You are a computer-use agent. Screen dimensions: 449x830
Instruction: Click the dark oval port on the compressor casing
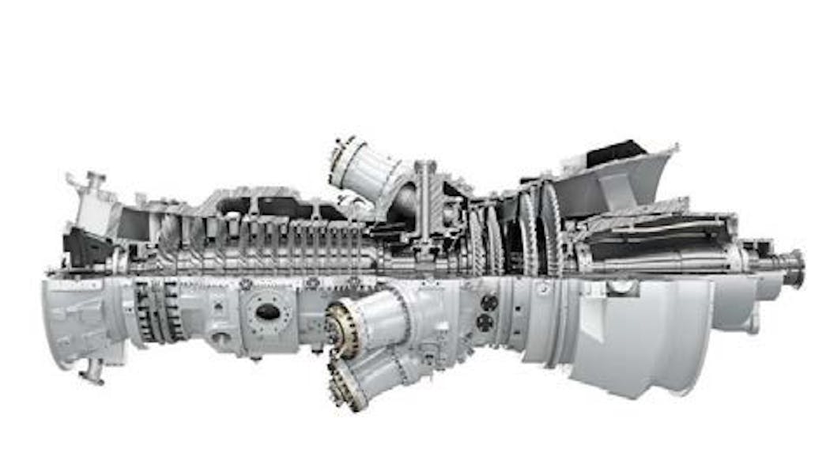268,311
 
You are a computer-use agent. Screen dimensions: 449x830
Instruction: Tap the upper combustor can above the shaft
365,169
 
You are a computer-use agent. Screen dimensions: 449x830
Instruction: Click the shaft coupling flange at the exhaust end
793,268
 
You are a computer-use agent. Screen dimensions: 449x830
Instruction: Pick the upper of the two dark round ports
488,303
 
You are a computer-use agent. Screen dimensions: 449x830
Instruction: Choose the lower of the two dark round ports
485,323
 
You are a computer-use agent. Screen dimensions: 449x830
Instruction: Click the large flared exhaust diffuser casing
640,332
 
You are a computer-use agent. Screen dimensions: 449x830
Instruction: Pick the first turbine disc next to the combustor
476,236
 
